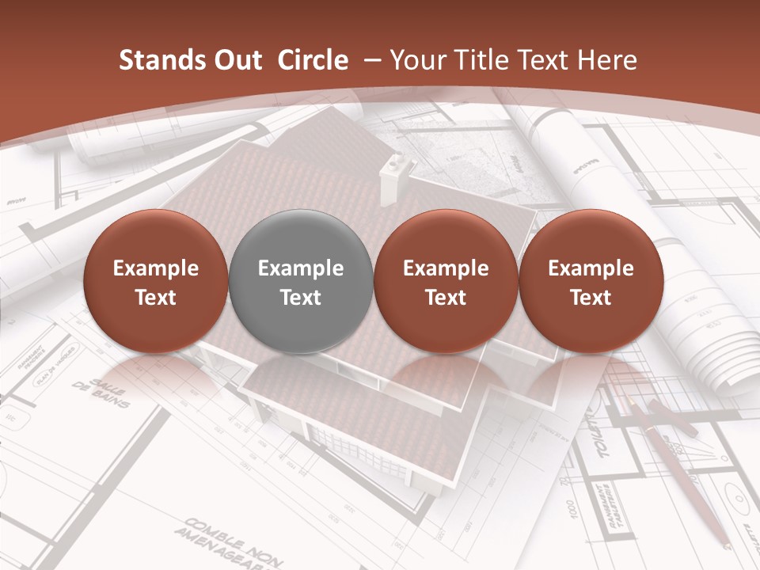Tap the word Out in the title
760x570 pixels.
coord(235,61)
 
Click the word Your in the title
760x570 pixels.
coord(415,61)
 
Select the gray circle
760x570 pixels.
coord(300,282)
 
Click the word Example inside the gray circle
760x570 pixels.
coord(300,268)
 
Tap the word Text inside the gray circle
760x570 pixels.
coord(300,298)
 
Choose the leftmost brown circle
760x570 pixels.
coord(155,282)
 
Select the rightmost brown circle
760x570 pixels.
coord(591,282)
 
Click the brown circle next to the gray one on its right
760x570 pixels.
coord(446,282)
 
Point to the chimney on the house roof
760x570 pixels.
coord(393,177)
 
